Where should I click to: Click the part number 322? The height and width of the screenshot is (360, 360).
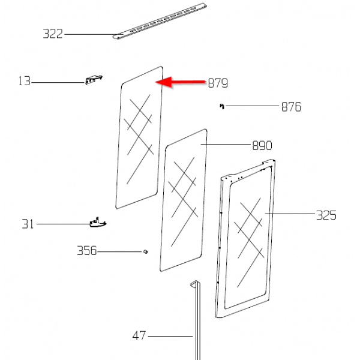(53, 34)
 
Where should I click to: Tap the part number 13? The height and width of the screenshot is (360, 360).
(24, 81)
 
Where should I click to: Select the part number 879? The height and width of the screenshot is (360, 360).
(218, 83)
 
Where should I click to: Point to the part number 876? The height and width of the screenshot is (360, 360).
(291, 107)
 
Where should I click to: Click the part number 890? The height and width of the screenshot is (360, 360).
(262, 145)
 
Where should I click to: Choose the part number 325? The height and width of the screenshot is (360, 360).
(326, 215)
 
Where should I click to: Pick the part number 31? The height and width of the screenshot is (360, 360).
(28, 224)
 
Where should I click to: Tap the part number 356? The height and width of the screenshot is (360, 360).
(86, 251)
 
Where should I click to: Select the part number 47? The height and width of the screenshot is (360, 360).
(139, 336)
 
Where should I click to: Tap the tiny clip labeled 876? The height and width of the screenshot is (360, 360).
(221, 106)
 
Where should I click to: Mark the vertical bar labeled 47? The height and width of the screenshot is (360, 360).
(193, 324)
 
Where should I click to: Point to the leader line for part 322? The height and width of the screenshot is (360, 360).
(90, 35)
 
